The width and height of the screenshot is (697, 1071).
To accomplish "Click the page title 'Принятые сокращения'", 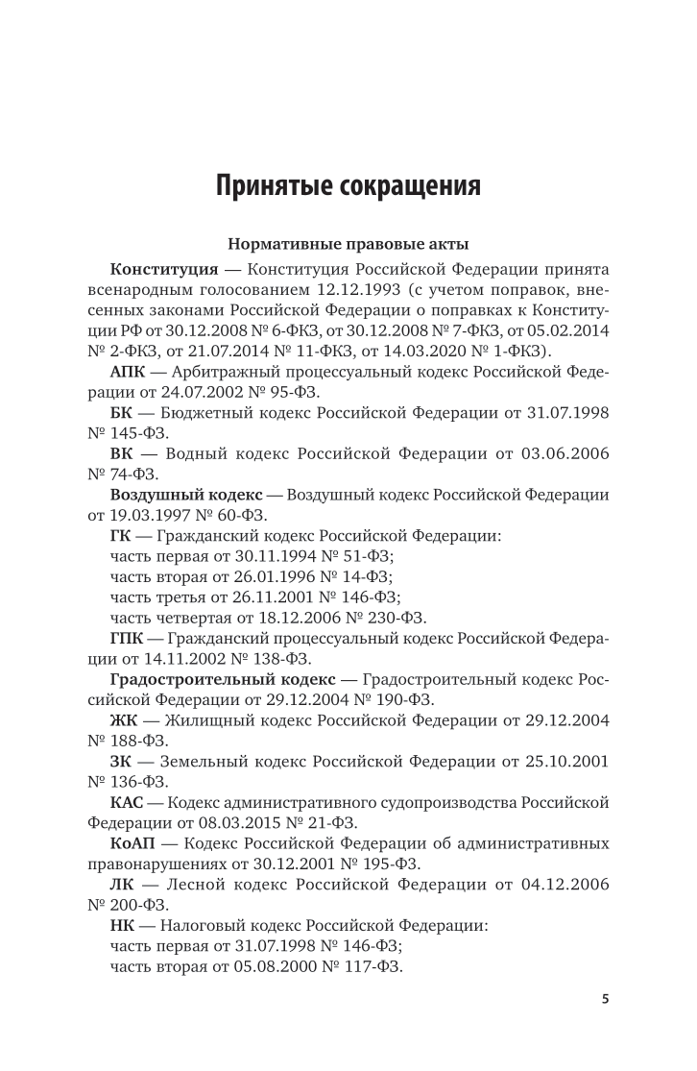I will click(348, 184).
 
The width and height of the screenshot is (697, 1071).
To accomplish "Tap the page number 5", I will click(605, 998).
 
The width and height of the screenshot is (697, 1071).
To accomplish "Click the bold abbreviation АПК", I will click(130, 371).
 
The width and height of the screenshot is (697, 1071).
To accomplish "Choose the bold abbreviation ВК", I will click(123, 452).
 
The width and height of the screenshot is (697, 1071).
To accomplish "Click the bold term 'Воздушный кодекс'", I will click(186, 494).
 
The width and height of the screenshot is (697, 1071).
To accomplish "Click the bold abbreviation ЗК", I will click(122, 761).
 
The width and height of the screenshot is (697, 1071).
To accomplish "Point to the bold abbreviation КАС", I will click(130, 802).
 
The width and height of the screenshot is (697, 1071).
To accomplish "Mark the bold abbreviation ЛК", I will click(123, 885).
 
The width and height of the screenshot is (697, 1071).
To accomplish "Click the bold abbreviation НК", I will click(124, 926).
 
